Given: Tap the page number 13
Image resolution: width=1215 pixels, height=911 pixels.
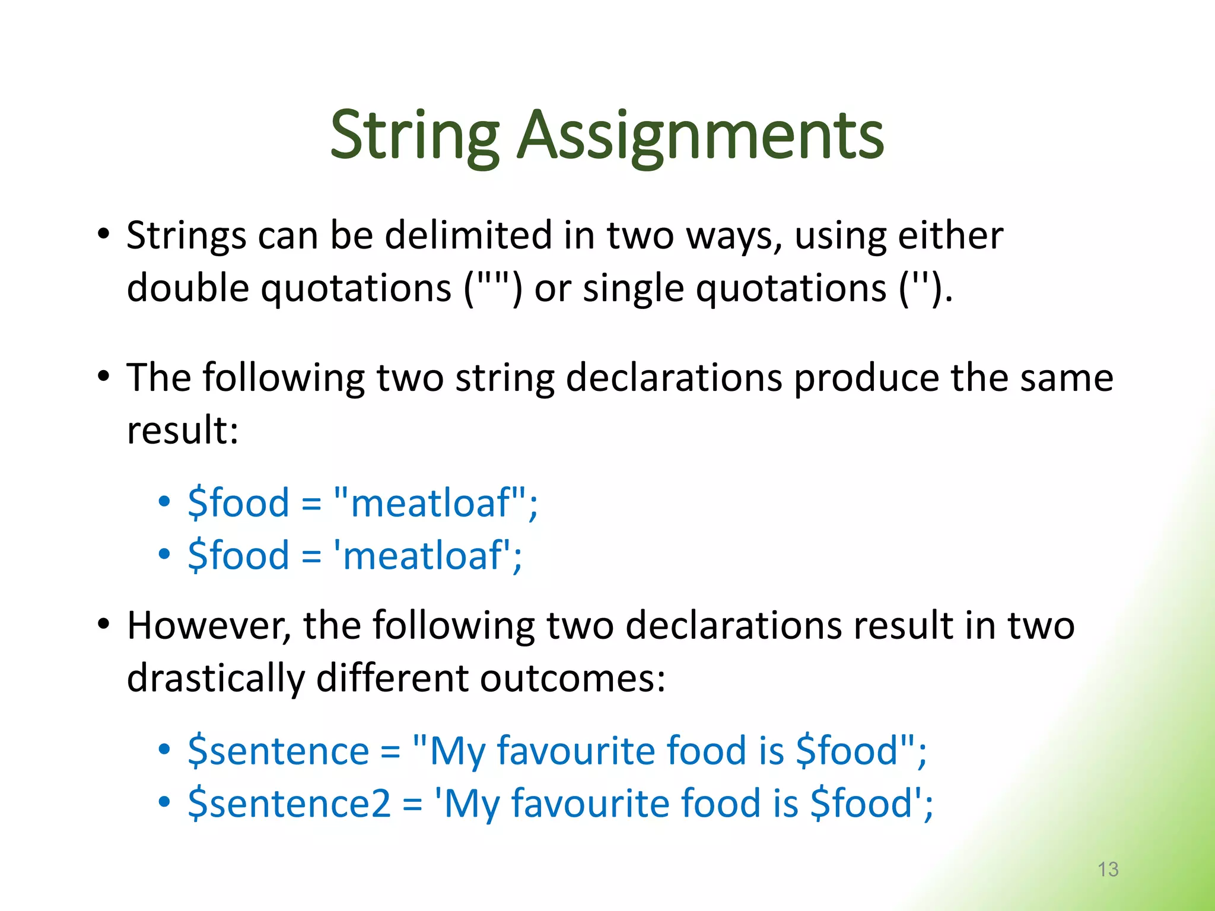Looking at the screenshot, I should (x=1108, y=869).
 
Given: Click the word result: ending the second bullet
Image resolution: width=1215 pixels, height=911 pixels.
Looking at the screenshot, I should (x=182, y=430).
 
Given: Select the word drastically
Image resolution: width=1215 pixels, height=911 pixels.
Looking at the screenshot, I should (x=215, y=679).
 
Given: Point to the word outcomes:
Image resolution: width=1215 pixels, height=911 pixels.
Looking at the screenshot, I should (x=572, y=679).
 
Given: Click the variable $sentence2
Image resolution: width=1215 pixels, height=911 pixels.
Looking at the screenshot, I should (x=289, y=804).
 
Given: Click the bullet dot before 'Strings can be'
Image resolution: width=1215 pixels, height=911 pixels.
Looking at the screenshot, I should (x=104, y=234).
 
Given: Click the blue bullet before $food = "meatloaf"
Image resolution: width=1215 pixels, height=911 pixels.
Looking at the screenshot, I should (x=164, y=502).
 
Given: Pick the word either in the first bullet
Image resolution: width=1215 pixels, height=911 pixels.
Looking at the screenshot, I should (x=950, y=235).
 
